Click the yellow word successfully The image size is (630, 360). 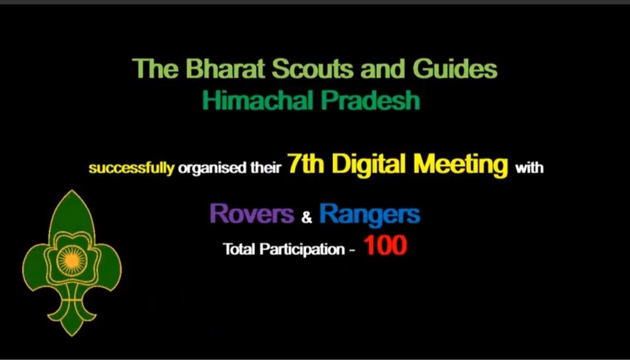(131, 169)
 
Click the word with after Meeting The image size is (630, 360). (529, 169)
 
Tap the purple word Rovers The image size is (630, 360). (252, 214)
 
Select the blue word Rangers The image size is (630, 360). (370, 215)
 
